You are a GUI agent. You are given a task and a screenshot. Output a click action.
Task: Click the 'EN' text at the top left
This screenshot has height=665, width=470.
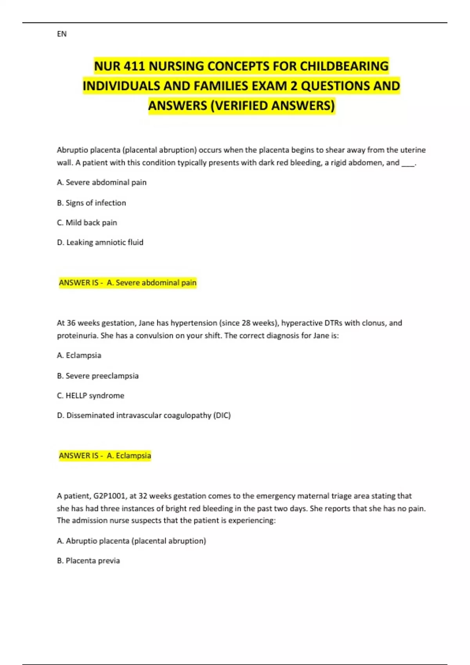pos(61,34)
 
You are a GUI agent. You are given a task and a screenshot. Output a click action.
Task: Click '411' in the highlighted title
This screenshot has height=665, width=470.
pos(136,66)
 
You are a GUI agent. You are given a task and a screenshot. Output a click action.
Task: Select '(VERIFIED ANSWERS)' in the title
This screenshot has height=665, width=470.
pos(273,106)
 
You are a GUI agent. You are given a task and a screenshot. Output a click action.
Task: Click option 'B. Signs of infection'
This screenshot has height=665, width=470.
pos(91,203)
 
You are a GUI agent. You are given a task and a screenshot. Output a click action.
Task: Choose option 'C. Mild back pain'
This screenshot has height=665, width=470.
pos(87,223)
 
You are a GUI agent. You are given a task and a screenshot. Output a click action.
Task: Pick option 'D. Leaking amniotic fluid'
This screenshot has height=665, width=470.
pos(100,243)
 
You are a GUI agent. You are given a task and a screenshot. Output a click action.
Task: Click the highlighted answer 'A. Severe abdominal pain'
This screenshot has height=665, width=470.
pos(151,283)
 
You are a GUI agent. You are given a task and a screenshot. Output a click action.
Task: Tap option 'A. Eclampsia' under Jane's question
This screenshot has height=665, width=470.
pos(79,356)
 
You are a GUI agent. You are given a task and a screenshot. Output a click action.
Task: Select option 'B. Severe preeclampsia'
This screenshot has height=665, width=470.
pos(98,376)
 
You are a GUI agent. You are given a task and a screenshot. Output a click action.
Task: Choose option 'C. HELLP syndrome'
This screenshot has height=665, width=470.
pos(90,395)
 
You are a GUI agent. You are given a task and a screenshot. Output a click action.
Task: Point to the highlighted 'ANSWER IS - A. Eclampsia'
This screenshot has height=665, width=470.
pos(105,456)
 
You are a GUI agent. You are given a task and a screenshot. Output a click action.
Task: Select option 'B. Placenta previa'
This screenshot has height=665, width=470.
pos(88,561)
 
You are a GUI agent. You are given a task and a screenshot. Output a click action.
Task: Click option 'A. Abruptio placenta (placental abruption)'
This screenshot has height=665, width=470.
pos(131,541)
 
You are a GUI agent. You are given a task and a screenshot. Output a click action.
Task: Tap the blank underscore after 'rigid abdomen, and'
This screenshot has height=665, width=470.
pos(408,163)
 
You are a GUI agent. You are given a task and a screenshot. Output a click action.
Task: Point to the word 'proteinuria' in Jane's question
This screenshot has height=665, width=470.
pos(76,336)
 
